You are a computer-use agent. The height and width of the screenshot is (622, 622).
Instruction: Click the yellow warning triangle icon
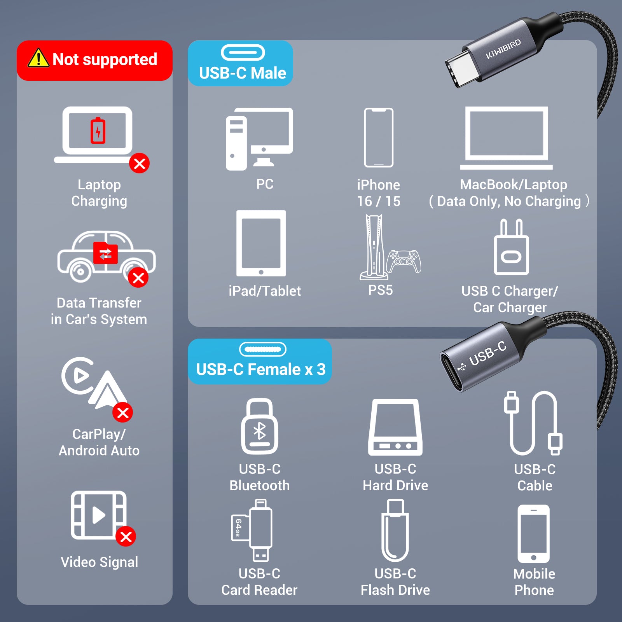38,58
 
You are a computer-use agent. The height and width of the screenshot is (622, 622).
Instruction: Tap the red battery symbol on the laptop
98,131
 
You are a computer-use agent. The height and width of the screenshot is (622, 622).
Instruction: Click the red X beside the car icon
138,278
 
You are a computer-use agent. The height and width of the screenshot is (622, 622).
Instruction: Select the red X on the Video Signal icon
126,536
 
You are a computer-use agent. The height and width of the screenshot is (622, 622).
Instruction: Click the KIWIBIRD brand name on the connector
503,49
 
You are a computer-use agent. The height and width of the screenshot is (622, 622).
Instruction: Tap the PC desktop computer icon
259,139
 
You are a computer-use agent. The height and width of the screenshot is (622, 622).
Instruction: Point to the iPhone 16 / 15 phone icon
379,138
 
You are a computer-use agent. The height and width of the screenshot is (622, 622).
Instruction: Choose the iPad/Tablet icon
261,243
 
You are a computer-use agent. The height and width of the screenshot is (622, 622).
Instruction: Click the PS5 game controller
405,261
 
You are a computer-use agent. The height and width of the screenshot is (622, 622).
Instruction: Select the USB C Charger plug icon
511,247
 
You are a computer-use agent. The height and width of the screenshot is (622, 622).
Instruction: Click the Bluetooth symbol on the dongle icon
259,431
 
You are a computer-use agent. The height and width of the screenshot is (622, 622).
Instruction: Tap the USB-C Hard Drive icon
395,427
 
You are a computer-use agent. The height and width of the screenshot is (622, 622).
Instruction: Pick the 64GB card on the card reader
238,528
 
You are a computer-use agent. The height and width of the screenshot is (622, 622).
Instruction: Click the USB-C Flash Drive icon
395,530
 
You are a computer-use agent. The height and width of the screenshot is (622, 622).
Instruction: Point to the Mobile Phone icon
534,534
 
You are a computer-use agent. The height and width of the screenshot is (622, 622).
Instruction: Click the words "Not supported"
105,59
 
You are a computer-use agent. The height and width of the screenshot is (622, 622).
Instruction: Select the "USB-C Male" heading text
243,73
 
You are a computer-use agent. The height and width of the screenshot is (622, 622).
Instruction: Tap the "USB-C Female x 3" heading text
261,369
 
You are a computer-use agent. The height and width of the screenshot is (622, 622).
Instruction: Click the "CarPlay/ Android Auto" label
99,442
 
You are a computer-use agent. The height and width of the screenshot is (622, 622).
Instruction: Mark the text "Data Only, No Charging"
509,201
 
